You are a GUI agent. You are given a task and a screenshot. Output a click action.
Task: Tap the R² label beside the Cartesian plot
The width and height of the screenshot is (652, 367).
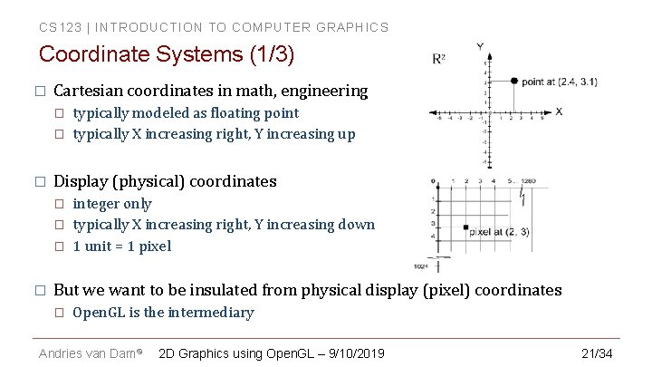[x=438, y=59]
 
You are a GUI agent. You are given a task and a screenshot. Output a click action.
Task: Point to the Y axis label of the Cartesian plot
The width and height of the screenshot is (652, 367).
[x=479, y=45]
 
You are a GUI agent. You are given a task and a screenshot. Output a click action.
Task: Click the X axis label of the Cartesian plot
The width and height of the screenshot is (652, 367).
[x=559, y=111]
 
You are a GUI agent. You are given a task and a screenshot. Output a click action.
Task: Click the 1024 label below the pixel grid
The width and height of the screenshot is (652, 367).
[x=420, y=266]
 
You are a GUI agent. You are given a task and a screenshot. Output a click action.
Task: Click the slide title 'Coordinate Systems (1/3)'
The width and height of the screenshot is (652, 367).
[x=167, y=54]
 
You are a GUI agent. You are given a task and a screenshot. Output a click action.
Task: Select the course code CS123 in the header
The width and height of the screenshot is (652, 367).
[x=55, y=27]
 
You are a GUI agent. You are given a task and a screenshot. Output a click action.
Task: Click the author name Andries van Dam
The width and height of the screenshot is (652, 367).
[x=86, y=352]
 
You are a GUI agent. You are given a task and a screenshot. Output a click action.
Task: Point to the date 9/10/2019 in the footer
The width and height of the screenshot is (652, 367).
[x=352, y=352]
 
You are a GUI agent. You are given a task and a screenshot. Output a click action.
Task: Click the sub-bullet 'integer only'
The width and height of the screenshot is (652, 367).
[x=112, y=204]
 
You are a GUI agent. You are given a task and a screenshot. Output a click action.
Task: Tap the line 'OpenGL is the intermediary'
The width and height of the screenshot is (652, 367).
[x=163, y=313]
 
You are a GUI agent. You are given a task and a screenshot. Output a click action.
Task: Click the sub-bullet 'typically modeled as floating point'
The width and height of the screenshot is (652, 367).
[x=186, y=113]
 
